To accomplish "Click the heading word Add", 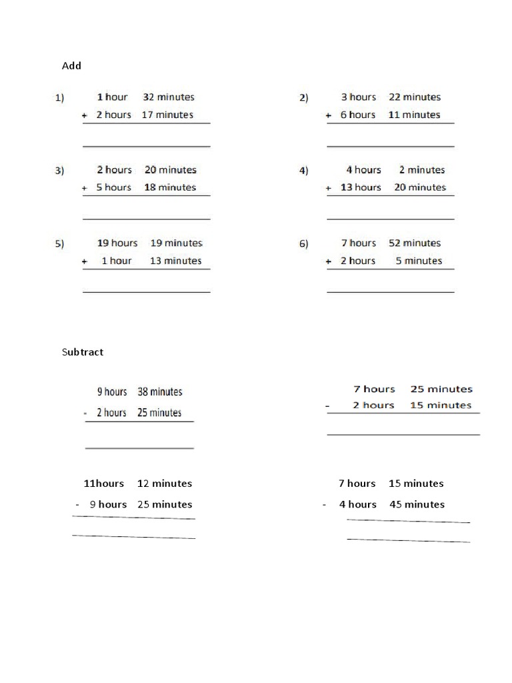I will tap(71, 65).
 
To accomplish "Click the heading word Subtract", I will tap(83, 352).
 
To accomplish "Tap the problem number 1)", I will tap(59, 98).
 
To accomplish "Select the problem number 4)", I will tap(304, 171).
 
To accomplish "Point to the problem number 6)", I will tap(304, 243).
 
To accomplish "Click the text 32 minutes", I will tap(169, 97).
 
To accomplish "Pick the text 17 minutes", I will tap(167, 115).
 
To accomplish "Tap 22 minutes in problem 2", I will tap(414, 97).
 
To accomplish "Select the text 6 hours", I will tap(358, 115).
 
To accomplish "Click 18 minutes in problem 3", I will tap(170, 187).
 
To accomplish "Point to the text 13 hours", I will tap(361, 187).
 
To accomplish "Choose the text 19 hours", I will tap(117, 243).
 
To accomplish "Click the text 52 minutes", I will tap(414, 243).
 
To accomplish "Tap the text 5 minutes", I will tap(419, 261).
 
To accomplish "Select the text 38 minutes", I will tap(160, 392).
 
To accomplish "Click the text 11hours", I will tap(103, 484).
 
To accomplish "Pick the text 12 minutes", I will tap(165, 484).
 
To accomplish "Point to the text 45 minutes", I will tap(417, 504).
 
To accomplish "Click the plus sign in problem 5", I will tap(85, 261).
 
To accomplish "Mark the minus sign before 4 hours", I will tap(324, 505).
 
